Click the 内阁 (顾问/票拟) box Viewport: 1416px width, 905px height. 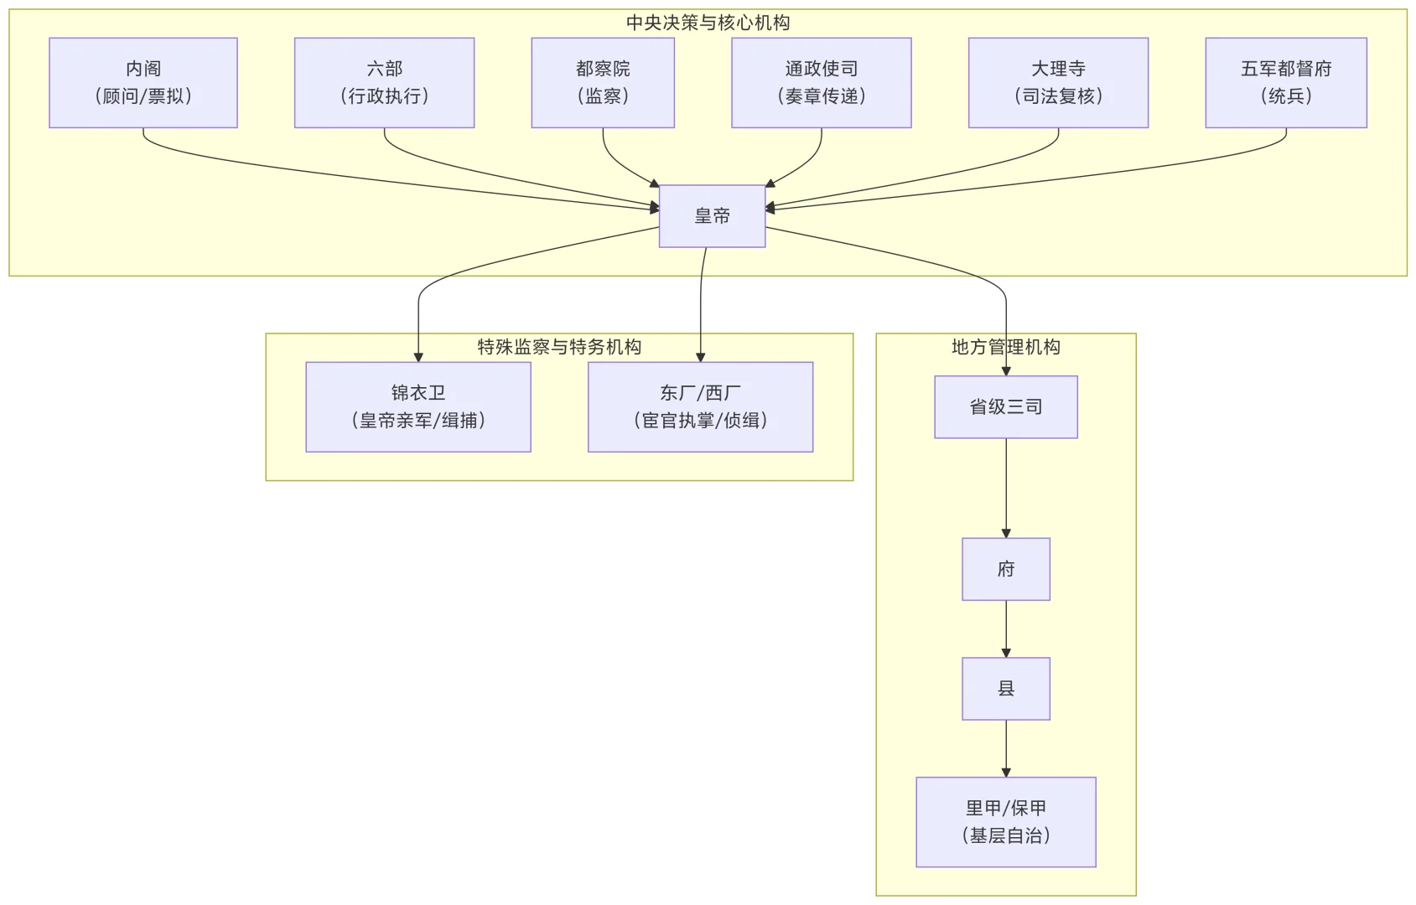click(x=143, y=83)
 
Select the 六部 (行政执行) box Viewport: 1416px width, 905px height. click(x=384, y=83)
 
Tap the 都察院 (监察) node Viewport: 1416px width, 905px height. click(x=603, y=83)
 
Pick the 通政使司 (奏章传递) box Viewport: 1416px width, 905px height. click(x=821, y=83)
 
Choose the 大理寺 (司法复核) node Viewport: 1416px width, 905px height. click(x=1058, y=83)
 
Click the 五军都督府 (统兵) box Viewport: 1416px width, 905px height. click(x=1285, y=83)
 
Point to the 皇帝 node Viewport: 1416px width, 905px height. click(x=712, y=216)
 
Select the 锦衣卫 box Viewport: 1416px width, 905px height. click(x=418, y=407)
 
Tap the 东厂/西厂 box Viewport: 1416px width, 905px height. click(x=700, y=407)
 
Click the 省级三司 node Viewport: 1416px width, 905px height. click(x=1005, y=407)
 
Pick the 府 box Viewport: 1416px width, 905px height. click(x=1005, y=569)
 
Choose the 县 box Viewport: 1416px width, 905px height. click(x=1005, y=689)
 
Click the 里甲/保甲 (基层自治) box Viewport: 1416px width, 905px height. click(x=1005, y=822)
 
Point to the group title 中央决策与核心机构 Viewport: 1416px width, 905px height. click(x=708, y=23)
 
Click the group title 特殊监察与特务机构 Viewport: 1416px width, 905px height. click(x=559, y=347)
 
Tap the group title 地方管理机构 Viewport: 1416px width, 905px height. click(x=1005, y=347)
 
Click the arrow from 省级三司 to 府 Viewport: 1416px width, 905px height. click(x=1006, y=486)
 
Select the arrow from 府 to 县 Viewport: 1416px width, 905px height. click(x=1006, y=628)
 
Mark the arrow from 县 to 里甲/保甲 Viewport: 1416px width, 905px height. click(x=1006, y=747)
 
